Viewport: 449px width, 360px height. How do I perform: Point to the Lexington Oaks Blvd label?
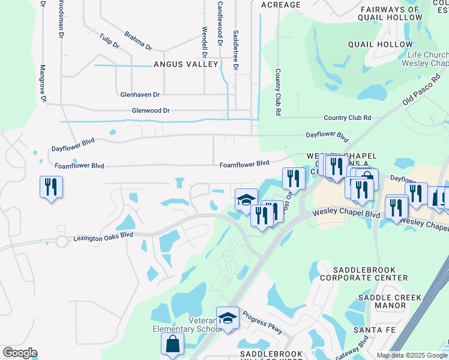coord(103,237)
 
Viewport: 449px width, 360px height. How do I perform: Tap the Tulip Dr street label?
coord(110,41)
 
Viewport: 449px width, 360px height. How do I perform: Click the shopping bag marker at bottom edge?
coord(173,346)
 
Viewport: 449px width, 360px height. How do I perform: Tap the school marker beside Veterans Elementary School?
coord(228,319)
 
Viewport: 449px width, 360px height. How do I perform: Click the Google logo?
coord(20,353)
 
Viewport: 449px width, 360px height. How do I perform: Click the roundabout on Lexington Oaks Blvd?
coord(61,242)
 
